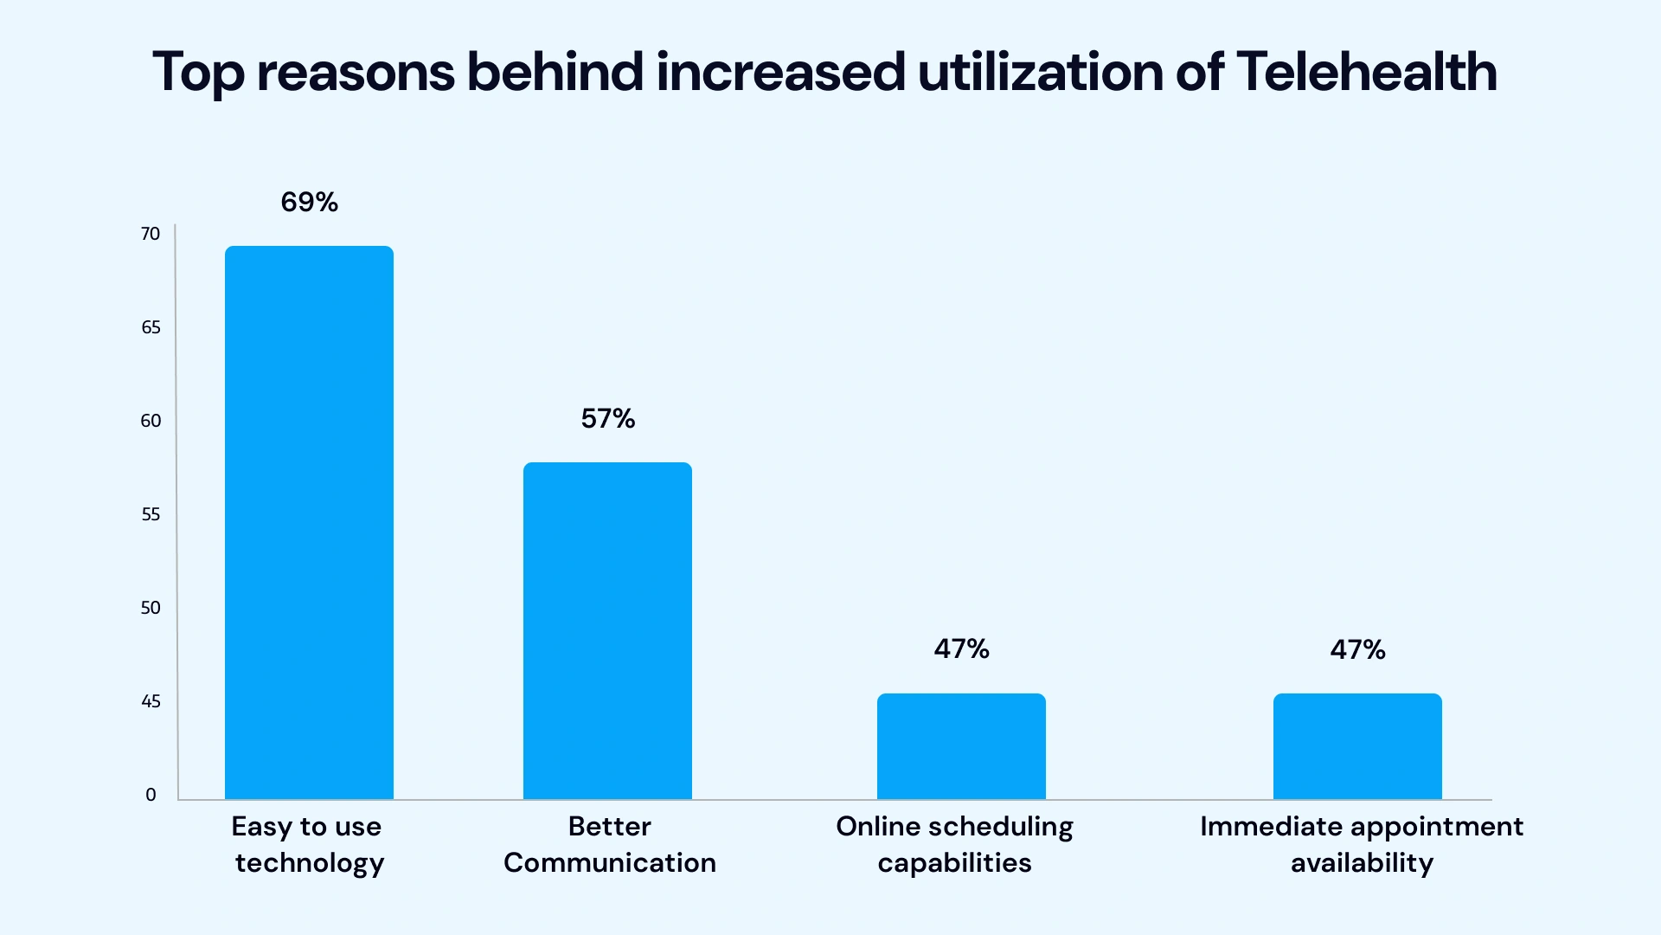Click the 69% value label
[x=309, y=202]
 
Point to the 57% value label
[x=607, y=419]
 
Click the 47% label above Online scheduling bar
[x=961, y=648]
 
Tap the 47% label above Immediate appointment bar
[x=1357, y=649]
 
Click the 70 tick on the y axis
[x=151, y=234]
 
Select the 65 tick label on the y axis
[x=151, y=327]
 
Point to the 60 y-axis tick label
[x=151, y=421]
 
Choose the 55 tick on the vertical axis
[x=151, y=514]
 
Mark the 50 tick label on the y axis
[x=151, y=608]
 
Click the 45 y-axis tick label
[x=151, y=701]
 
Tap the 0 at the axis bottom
[x=151, y=795]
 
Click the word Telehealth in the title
[x=1366, y=71]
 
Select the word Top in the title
[x=198, y=73]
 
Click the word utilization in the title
[x=1040, y=71]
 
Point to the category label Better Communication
[x=609, y=844]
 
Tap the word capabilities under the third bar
[x=954, y=863]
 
